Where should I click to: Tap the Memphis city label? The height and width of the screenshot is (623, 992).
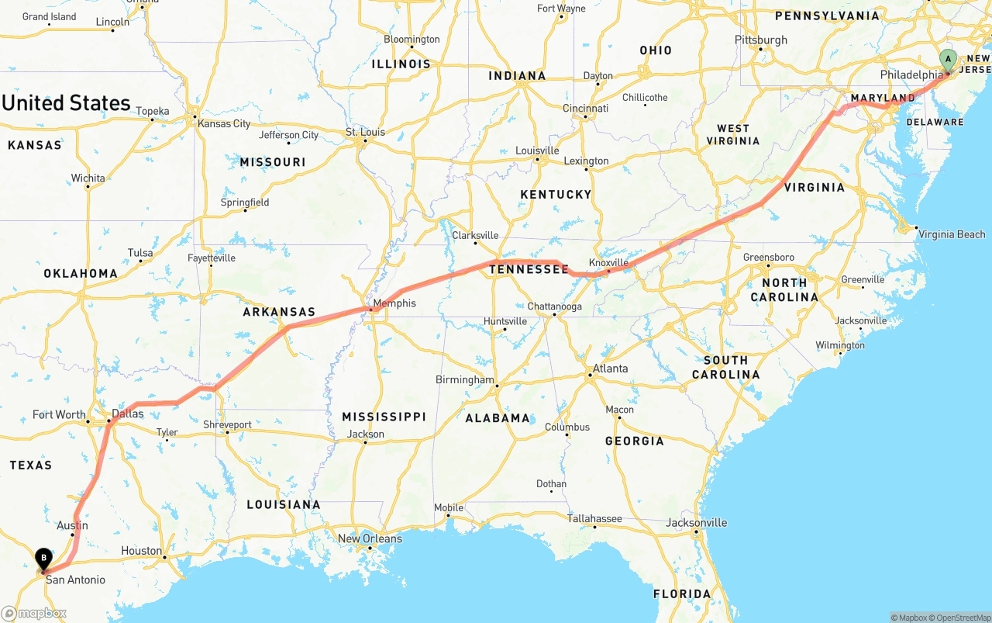(394, 303)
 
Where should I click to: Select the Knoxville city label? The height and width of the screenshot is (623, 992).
(608, 263)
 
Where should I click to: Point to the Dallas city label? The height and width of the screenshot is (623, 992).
(128, 414)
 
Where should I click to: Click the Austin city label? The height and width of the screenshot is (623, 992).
(72, 525)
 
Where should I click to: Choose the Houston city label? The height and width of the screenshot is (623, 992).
(141, 551)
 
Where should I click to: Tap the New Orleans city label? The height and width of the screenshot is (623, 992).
(370, 538)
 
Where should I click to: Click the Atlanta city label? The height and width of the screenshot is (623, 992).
(610, 369)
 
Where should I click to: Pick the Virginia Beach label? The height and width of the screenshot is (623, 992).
(952, 234)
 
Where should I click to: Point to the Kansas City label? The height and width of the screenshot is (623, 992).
(224, 123)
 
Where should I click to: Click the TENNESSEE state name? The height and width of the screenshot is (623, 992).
(529, 269)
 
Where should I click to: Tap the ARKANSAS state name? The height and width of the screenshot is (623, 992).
(279, 312)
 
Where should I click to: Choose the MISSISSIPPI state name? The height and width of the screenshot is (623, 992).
(384, 417)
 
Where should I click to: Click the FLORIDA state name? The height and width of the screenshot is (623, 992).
(682, 594)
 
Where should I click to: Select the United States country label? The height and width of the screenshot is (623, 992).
(67, 103)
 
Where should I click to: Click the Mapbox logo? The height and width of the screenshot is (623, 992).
(34, 613)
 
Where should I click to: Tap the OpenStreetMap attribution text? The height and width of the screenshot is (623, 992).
(961, 618)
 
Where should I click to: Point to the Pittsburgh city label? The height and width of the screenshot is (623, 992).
(761, 40)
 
